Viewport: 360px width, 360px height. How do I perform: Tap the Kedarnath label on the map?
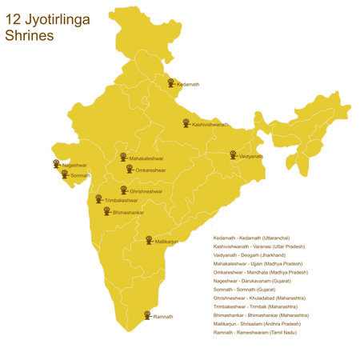point(188,84)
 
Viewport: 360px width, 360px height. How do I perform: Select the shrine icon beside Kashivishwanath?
point(185,123)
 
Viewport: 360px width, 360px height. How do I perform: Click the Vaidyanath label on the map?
point(250,156)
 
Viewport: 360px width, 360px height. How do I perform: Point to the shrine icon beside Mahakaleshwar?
point(123,158)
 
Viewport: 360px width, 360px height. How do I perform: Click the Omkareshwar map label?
point(150,170)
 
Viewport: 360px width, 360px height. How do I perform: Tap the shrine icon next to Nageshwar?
point(57,163)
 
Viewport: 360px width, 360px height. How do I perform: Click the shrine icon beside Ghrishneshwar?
point(124,190)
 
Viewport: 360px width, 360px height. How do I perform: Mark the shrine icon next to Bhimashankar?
point(106,211)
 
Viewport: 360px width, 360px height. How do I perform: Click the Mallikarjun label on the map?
point(166,241)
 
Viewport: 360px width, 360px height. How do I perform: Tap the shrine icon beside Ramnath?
point(146,315)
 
